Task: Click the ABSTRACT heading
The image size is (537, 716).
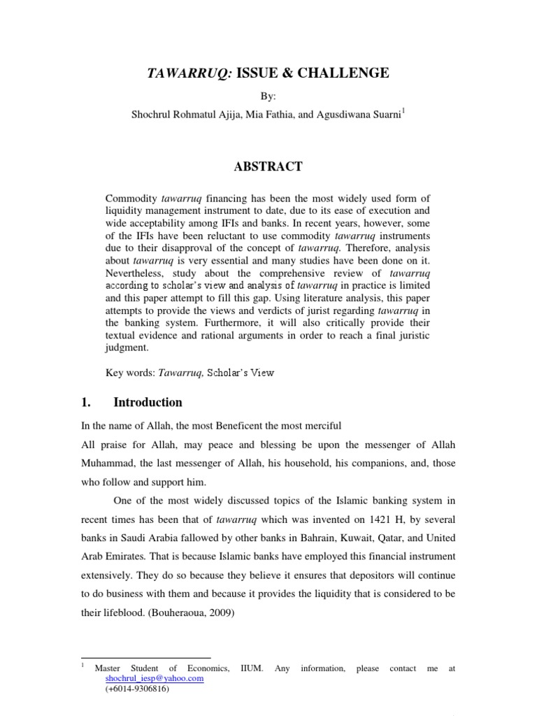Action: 268,166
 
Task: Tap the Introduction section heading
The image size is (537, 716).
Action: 148,403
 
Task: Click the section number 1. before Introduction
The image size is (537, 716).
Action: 87,403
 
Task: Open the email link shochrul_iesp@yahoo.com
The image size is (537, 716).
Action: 155,678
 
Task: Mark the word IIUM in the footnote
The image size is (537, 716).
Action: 251,668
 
